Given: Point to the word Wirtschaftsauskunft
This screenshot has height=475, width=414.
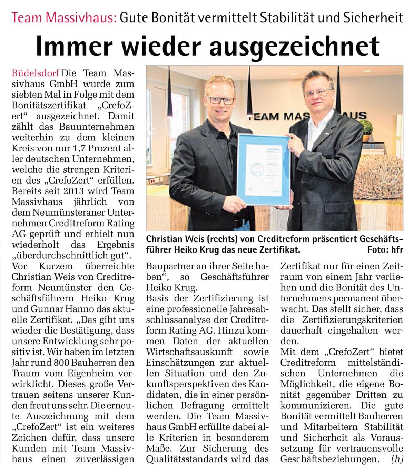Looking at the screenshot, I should point(186,352).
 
